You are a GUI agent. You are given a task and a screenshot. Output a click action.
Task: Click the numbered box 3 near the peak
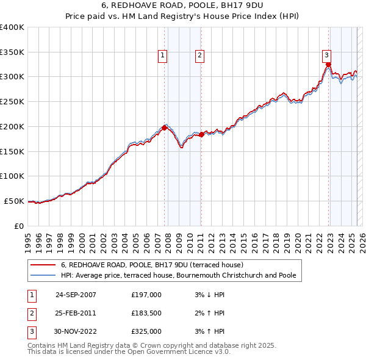[x=327, y=54]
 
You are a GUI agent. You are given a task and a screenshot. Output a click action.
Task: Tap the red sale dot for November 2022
[x=328, y=64]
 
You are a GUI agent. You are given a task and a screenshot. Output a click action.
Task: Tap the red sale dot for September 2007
[x=165, y=128]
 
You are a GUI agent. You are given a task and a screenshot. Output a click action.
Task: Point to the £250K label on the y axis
[x=12, y=101]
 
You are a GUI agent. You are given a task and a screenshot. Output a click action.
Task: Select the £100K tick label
[x=12, y=176]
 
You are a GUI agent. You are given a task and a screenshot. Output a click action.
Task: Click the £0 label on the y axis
[x=19, y=226]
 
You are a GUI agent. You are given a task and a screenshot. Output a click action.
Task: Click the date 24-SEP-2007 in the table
[x=76, y=295]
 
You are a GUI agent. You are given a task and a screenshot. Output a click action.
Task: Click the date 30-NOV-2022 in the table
[x=76, y=331]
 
